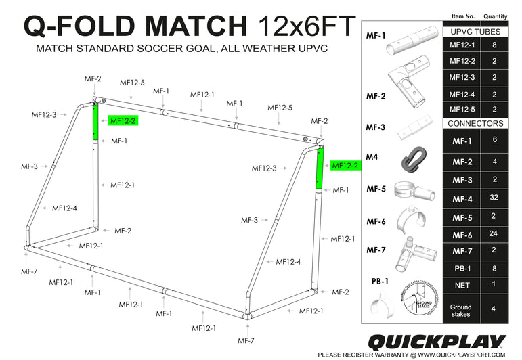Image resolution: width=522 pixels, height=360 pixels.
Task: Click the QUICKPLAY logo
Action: [x=436, y=341]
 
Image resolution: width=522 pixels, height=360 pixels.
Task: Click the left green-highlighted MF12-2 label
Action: [x=123, y=121]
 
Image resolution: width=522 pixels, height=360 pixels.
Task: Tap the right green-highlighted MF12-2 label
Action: [x=345, y=166]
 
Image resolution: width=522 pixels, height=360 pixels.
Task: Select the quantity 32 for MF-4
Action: [x=496, y=199]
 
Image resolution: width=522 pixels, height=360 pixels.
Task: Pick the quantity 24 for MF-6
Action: [x=496, y=235]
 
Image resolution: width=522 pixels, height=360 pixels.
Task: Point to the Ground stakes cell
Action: [x=461, y=307]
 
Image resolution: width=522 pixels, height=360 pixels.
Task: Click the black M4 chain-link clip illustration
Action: [x=410, y=160]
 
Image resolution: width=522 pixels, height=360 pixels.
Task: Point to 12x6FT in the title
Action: [x=306, y=26]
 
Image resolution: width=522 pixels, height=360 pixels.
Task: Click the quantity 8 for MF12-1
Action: [x=496, y=45]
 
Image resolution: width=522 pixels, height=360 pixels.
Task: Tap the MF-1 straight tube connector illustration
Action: [x=410, y=44]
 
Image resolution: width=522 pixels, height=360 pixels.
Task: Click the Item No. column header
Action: [x=464, y=16]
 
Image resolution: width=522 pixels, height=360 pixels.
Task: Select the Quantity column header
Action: [x=496, y=16]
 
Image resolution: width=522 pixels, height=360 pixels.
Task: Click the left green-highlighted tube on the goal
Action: [x=95, y=121]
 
